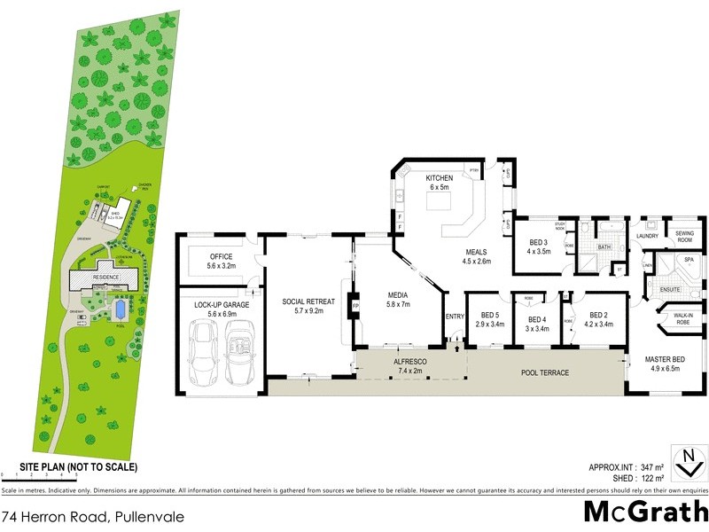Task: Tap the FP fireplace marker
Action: click(x=355, y=307)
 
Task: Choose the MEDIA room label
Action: click(x=396, y=300)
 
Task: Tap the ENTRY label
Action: click(x=455, y=317)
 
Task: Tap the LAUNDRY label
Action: click(x=646, y=236)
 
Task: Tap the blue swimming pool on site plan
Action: click(x=120, y=309)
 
